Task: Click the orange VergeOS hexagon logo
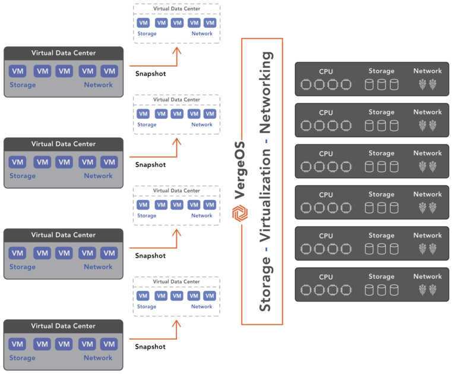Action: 240,213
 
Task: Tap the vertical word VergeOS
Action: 240,171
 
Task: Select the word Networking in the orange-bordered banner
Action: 266,93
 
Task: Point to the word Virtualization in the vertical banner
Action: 266,195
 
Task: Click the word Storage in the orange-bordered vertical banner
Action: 266,284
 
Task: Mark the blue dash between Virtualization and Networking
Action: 266,141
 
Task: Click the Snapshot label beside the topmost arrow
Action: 151,74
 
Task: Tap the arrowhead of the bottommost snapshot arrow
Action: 176,324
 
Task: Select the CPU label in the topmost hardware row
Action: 326,72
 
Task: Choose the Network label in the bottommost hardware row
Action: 427,276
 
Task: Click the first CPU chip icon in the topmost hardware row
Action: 306,85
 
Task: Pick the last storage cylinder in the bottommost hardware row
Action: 394,290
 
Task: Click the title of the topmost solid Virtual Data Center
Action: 64,53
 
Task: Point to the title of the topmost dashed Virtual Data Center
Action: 177,9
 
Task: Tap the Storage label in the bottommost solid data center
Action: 23,358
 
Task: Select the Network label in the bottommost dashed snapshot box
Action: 201,306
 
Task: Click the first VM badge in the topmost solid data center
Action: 17,71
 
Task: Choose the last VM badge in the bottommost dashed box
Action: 210,296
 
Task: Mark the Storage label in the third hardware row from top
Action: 382,153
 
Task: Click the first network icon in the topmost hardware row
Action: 423,85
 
